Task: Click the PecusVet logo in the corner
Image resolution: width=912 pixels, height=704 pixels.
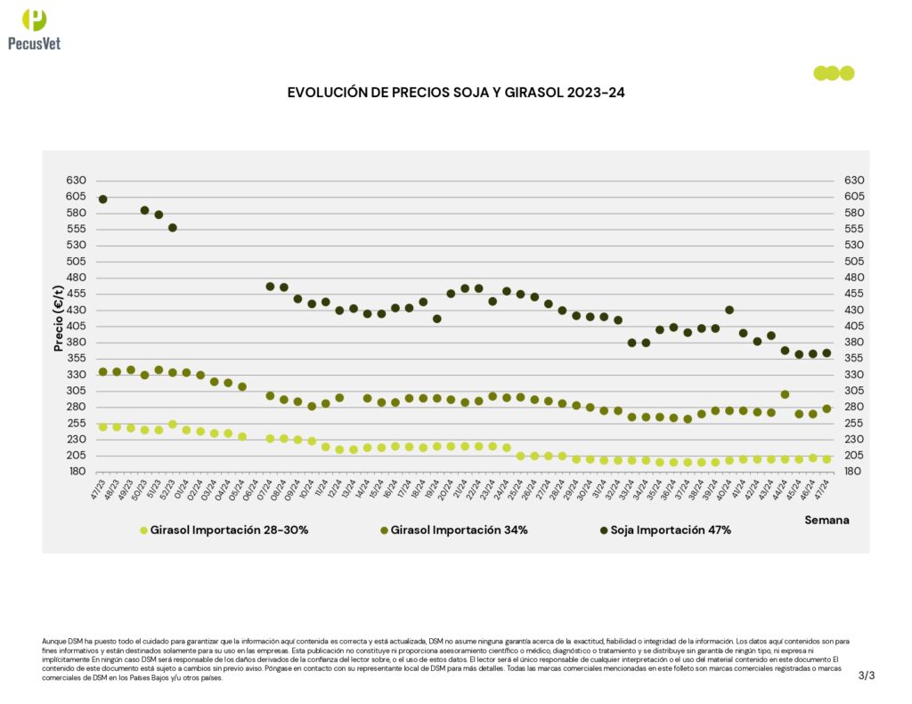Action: coord(34,28)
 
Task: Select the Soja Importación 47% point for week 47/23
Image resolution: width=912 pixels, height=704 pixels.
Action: coord(102,199)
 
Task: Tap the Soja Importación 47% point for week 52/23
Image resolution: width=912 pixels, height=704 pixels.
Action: coord(173,228)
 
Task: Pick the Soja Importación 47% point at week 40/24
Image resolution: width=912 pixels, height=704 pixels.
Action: coord(729,310)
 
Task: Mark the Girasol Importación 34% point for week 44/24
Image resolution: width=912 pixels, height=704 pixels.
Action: coord(785,394)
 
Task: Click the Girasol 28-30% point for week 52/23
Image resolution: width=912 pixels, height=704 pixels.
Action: coord(173,425)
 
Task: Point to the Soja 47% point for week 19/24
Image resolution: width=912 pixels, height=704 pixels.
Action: coord(436,319)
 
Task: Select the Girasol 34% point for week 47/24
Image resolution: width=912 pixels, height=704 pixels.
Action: coord(826,409)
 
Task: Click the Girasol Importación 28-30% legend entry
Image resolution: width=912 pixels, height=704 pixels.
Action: coord(225,530)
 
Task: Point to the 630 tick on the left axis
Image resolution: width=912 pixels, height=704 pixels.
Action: coord(75,181)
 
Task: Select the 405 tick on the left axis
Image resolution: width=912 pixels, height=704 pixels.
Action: coord(75,327)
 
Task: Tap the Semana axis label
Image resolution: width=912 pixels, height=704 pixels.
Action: coord(826,520)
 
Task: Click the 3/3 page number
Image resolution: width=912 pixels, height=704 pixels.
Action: coord(867,676)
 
